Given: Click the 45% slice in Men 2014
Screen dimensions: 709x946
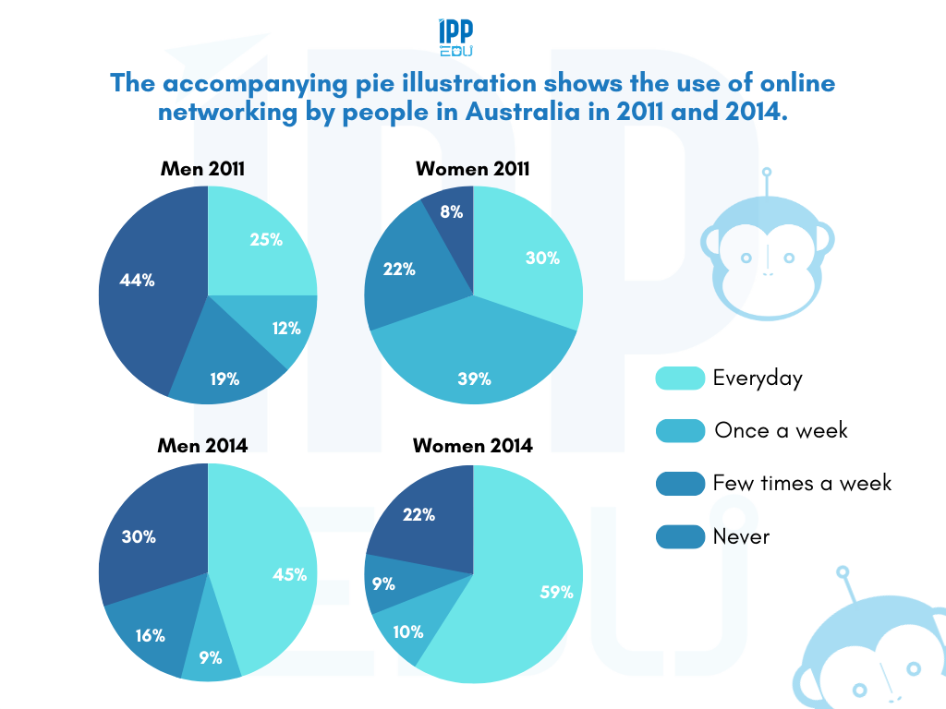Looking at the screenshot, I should pyautogui.click(x=277, y=572).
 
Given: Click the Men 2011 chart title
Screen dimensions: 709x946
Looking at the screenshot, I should pyautogui.click(x=202, y=169).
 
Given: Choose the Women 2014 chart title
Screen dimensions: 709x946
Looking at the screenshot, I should pyautogui.click(x=472, y=446).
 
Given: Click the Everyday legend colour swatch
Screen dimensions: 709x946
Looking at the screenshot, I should pyautogui.click(x=679, y=379).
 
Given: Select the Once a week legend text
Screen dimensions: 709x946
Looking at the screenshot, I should pyautogui.click(x=781, y=431).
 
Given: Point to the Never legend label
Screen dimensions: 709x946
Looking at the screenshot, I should pyautogui.click(x=741, y=536).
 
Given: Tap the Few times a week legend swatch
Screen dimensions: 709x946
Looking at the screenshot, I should pyautogui.click(x=679, y=484).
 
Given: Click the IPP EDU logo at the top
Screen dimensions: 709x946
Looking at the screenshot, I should pyautogui.click(x=455, y=38).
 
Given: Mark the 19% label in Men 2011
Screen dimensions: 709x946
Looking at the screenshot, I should pyautogui.click(x=225, y=378).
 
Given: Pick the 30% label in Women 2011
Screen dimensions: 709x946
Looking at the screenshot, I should pyautogui.click(x=542, y=258).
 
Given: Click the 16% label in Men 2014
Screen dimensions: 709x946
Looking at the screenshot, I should pyautogui.click(x=150, y=635).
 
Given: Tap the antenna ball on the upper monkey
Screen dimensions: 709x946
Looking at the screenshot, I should pyautogui.click(x=766, y=173).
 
